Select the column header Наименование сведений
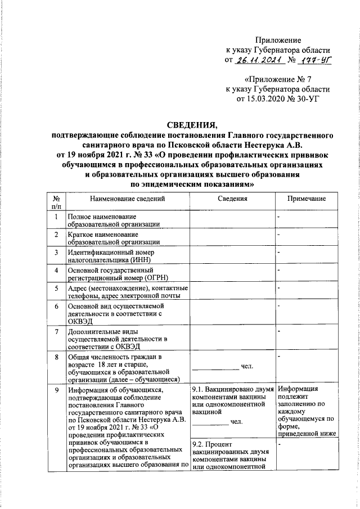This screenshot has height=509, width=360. click(127, 199)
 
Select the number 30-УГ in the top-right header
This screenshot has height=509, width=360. click(318, 99)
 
